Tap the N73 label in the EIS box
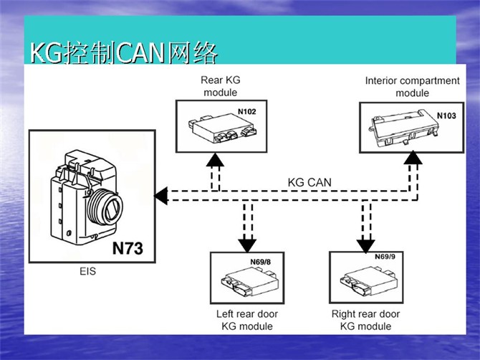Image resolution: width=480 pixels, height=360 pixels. pyautogui.click(x=128, y=249)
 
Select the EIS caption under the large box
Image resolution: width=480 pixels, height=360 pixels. pyautogui.click(x=87, y=272)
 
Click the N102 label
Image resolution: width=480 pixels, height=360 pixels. pyautogui.click(x=246, y=113)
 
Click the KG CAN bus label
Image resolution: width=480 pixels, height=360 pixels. pyautogui.click(x=309, y=182)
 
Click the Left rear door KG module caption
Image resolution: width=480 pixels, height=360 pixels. pyautogui.click(x=246, y=320)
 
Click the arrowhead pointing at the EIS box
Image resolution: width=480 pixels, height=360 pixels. pyautogui.click(x=161, y=194)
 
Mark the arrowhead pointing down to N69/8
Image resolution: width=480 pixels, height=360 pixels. pyautogui.click(x=246, y=245)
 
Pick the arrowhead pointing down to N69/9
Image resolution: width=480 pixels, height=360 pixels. pyautogui.click(x=364, y=245)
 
